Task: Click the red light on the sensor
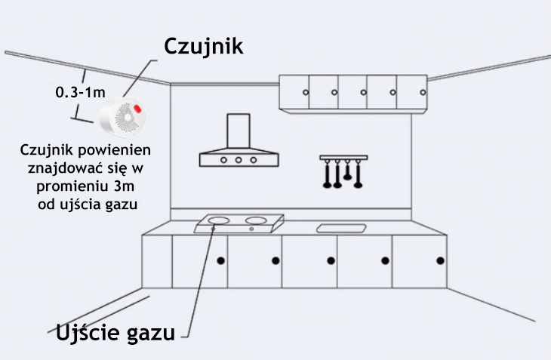point(137,109)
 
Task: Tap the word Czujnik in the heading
point(204,46)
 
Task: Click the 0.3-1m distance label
point(81,92)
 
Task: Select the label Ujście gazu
point(115,333)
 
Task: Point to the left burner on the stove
point(218,220)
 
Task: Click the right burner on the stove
point(256,220)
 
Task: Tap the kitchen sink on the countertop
point(341,229)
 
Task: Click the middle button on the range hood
point(239,160)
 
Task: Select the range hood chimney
point(239,131)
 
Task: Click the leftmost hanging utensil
point(327,174)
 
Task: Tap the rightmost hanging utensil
point(358,174)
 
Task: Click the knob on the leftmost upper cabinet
point(306,92)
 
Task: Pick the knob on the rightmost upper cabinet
point(423,92)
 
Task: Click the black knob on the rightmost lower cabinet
point(440,260)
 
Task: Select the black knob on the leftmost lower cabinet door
point(220,260)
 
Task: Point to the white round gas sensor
point(122,116)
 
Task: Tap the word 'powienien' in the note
point(115,150)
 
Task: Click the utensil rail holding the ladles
point(343,158)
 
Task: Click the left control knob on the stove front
point(213,229)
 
